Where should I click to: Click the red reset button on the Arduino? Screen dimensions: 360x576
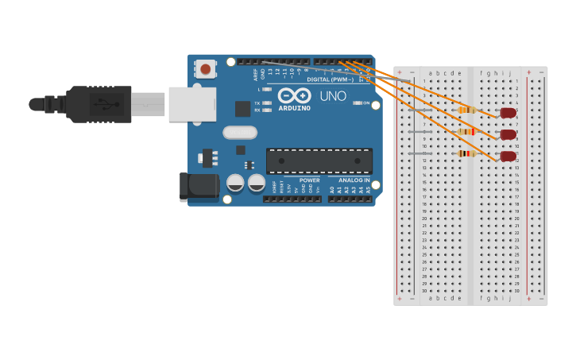tap(206, 69)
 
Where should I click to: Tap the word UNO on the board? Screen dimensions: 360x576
tap(333, 96)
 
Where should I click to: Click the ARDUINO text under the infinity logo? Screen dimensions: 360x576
tap(295, 108)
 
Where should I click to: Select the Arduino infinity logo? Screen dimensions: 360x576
tap(295, 95)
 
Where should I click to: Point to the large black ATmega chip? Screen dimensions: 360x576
tap(319, 161)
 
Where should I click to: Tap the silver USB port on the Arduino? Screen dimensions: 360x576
tap(191, 104)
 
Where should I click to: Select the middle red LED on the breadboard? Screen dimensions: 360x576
tap(508, 135)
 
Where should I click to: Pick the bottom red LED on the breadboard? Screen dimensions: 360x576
tap(508, 157)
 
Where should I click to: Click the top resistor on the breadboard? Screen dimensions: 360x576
tap(467, 110)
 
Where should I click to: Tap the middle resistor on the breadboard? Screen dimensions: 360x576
tap(467, 132)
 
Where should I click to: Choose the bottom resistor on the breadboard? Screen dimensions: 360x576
tap(467, 153)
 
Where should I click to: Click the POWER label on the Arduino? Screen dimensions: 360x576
tap(310, 180)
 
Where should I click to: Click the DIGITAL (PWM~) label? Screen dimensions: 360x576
tap(330, 79)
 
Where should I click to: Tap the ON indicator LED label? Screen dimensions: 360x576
tap(366, 103)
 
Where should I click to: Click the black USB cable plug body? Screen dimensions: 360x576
tap(99, 104)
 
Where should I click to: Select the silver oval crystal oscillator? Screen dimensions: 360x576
tap(240, 133)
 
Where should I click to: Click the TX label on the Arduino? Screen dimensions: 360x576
tap(257, 103)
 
